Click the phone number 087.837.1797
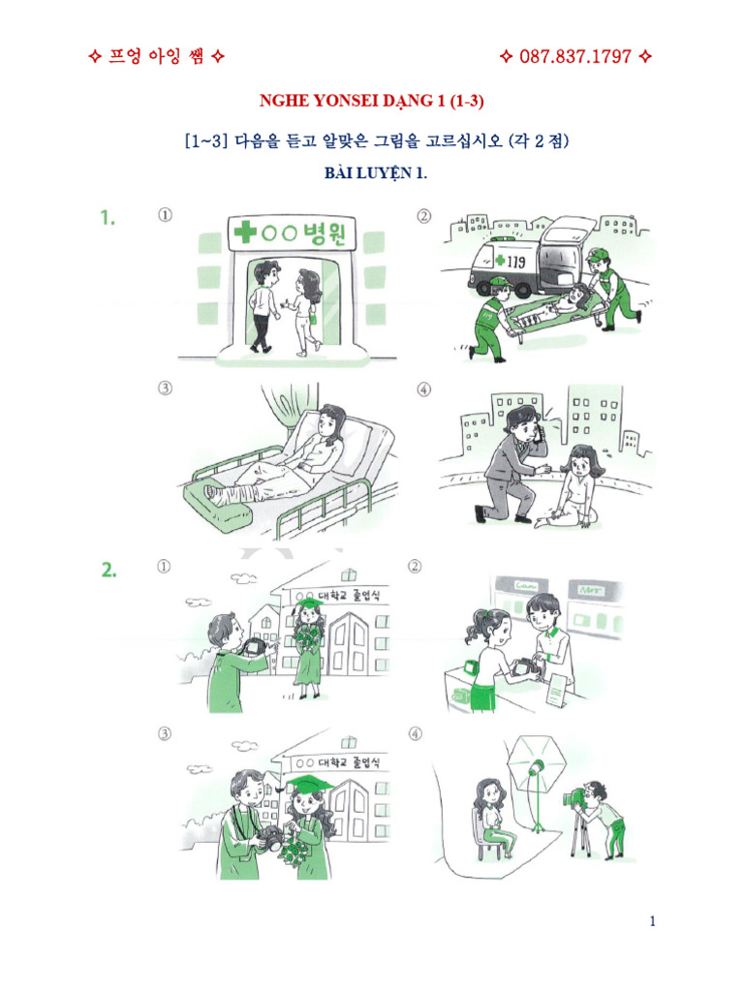pyautogui.click(x=575, y=56)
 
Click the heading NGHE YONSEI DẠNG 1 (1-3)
pyautogui.click(x=372, y=102)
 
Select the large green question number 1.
pyautogui.click(x=108, y=219)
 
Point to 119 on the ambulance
pyautogui.click(x=503, y=262)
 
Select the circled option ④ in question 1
pyautogui.click(x=423, y=389)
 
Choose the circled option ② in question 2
pyautogui.click(x=416, y=566)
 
